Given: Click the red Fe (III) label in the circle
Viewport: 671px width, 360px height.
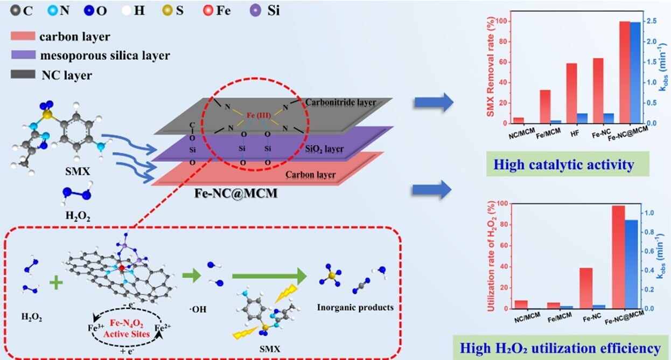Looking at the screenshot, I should tap(256, 115).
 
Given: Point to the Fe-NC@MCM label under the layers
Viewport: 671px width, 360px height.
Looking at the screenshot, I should tap(236, 192).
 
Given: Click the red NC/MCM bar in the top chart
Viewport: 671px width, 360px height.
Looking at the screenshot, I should tap(519, 120).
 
